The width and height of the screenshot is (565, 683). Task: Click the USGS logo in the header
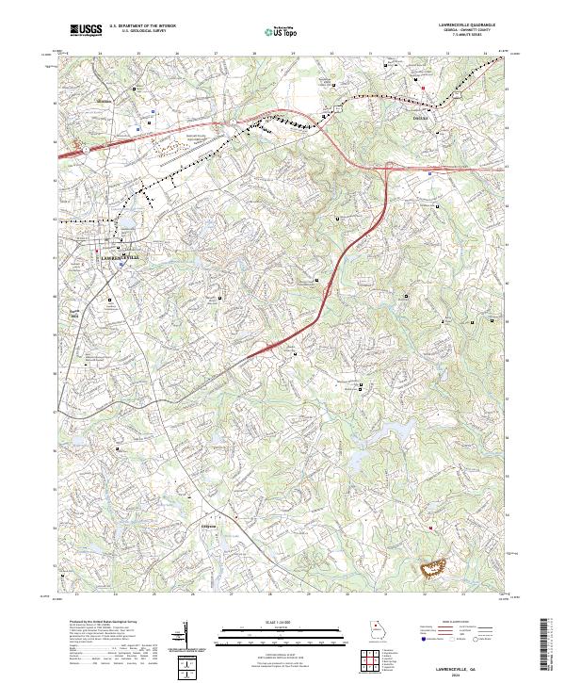86,30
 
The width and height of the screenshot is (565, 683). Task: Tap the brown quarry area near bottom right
434,566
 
